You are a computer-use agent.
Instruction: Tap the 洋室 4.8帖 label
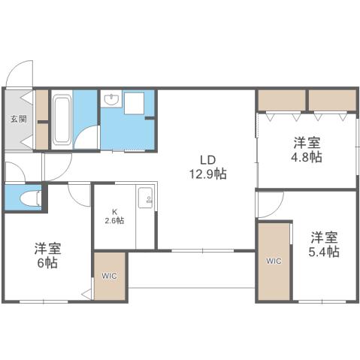tap(307, 150)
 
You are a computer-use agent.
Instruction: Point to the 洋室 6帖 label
tap(47, 256)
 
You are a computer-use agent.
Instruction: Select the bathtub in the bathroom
tap(62, 119)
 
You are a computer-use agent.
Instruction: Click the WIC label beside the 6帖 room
tap(109, 275)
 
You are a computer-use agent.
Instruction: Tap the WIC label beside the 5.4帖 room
tap(274, 261)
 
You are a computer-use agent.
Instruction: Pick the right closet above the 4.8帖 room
tap(331, 99)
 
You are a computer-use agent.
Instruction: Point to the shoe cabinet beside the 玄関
tap(42, 119)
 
